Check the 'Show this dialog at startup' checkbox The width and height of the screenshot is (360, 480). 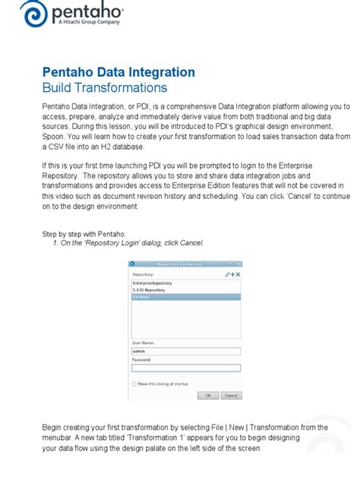[x=134, y=384]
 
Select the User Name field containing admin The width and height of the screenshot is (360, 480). [x=186, y=351]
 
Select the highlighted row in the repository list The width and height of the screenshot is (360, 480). [x=186, y=296]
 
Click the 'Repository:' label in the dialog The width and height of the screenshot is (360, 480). [x=144, y=273]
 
